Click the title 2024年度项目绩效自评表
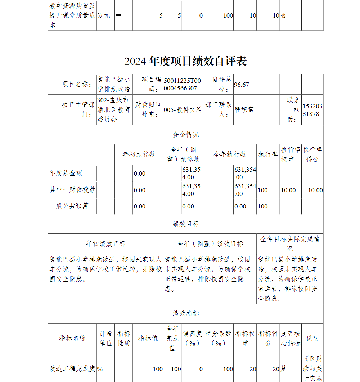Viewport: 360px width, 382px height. pyautogui.click(x=185, y=61)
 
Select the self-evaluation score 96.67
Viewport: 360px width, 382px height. pyautogui.click(x=242, y=85)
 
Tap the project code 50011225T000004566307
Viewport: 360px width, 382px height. pyautogui.click(x=183, y=85)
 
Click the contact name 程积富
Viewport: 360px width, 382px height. pyautogui.click(x=244, y=110)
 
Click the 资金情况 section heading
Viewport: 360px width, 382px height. pyautogui.click(x=185, y=135)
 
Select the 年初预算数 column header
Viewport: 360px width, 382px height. pyautogui.click(x=139, y=154)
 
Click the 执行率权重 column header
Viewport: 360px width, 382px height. pyautogui.click(x=290, y=154)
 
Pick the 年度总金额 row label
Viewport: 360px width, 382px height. pyautogui.click(x=66, y=173)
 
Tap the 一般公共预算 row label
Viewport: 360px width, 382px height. pyautogui.click(x=69, y=206)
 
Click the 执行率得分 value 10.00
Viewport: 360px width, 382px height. pyautogui.click(x=315, y=190)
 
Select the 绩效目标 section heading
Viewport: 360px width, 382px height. pyautogui.click(x=185, y=224)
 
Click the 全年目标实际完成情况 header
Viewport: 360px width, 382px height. pyautogui.click(x=290, y=243)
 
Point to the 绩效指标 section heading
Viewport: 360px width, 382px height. pyautogui.click(x=185, y=314)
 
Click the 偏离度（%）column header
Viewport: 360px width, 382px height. pyautogui.click(x=192, y=338)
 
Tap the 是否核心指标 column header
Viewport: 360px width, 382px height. pyautogui.click(x=290, y=338)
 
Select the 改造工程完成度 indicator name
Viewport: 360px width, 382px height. pyautogui.click(x=72, y=369)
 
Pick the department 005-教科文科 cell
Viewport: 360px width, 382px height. pyautogui.click(x=183, y=110)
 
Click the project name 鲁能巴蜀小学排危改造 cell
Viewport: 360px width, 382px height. pyautogui.click(x=114, y=84)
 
